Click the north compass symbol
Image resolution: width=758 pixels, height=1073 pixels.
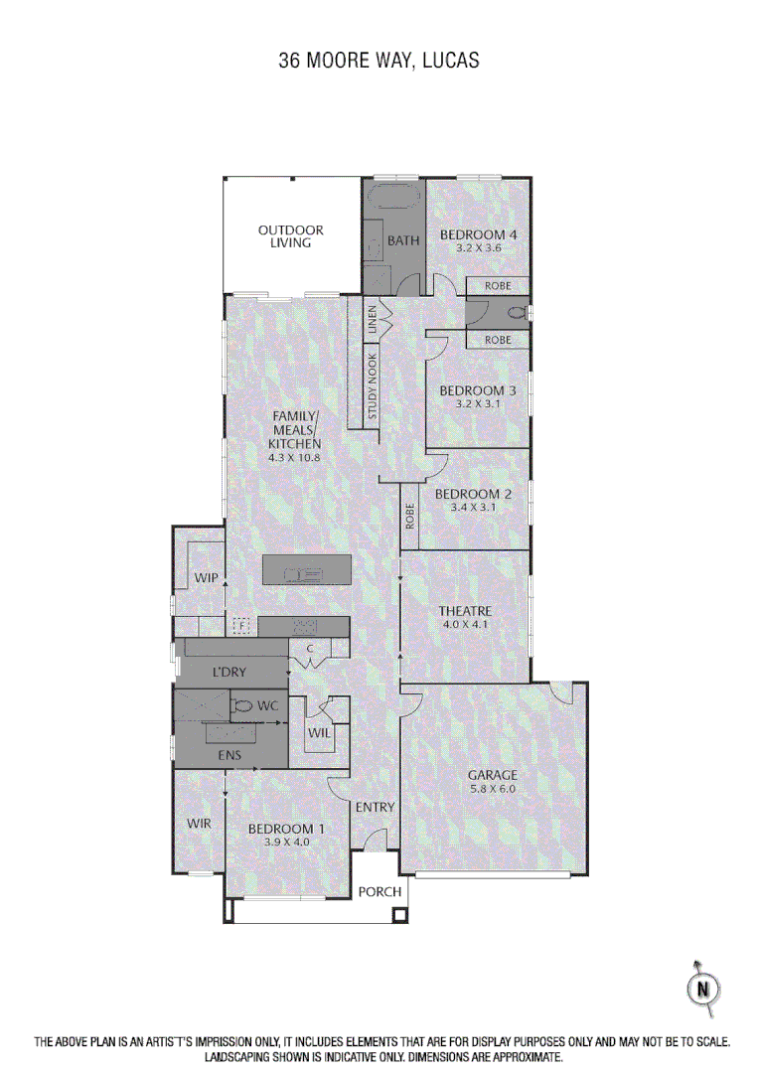[x=703, y=989]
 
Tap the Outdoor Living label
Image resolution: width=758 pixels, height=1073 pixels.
[x=291, y=236]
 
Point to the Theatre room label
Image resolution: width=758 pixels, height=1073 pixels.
[x=465, y=611]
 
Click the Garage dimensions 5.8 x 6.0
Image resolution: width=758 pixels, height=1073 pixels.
[x=494, y=789]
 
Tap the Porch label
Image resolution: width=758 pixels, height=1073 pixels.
[x=379, y=891]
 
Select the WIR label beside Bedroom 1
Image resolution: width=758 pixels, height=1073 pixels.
[x=199, y=823]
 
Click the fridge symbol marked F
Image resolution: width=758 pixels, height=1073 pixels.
[x=239, y=627]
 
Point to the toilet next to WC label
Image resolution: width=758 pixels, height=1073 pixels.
[x=241, y=705]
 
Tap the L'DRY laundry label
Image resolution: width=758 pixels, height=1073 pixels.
[x=228, y=673]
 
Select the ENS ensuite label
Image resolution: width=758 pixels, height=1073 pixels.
[x=228, y=756]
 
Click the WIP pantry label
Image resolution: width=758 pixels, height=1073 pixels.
[x=206, y=577]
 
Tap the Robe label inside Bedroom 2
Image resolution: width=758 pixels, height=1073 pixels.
[x=409, y=518]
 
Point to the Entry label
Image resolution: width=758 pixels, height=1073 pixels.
[x=375, y=807]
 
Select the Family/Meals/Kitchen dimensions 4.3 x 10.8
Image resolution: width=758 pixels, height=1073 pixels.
[x=294, y=458]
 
